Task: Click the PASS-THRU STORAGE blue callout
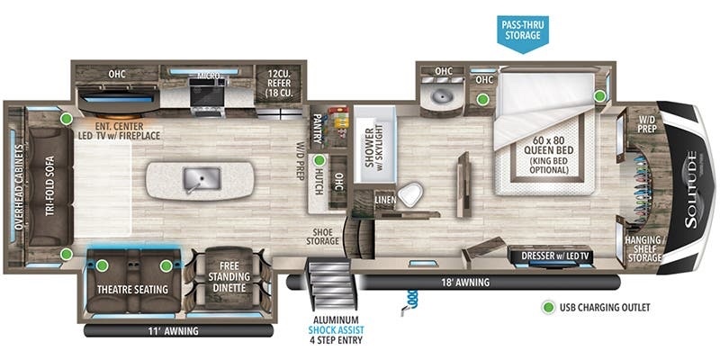point(523,30)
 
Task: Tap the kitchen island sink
point(195,179)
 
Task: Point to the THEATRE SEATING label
point(134,289)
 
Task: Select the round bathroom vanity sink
point(443,94)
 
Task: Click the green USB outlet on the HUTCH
point(318,161)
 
